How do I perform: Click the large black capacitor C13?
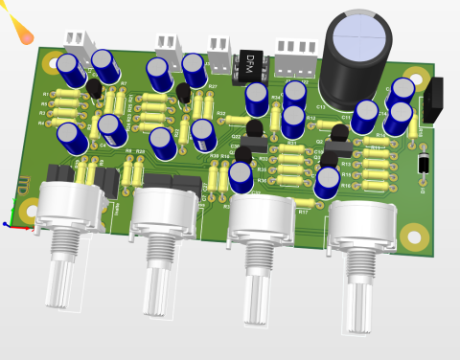coord(358,56)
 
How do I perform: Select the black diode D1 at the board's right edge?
coord(424,164)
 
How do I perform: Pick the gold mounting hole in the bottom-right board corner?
coord(414,235)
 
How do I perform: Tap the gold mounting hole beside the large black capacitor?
coord(414,77)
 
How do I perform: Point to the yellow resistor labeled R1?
coord(65,94)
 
